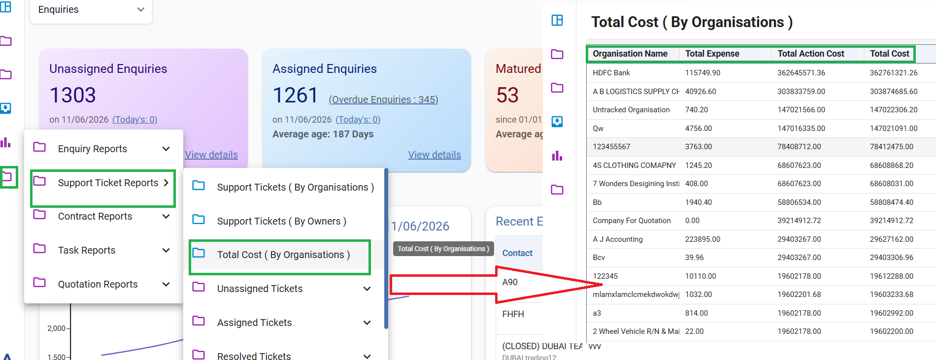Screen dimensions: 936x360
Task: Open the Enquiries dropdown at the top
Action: pyautogui.click(x=91, y=10)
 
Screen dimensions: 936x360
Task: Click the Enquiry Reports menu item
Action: pyautogui.click(x=92, y=149)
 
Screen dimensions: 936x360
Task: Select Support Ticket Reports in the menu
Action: pyautogui.click(x=108, y=183)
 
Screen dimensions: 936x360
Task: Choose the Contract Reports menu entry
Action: pyautogui.click(x=95, y=216)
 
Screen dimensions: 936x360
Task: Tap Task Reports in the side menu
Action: pyautogui.click(x=87, y=250)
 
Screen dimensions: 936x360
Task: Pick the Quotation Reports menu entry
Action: pyautogui.click(x=98, y=284)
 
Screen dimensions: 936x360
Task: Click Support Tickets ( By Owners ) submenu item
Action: pyautogui.click(x=282, y=221)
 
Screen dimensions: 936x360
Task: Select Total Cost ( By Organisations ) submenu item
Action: pyautogui.click(x=283, y=255)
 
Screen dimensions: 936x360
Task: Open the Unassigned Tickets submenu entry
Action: pyautogui.click(x=260, y=289)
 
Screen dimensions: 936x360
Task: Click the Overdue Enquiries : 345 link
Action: pyautogui.click(x=383, y=99)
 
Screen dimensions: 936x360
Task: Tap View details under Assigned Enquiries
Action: pyautogui.click(x=435, y=155)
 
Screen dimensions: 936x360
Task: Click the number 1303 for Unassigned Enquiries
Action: pyautogui.click(x=73, y=95)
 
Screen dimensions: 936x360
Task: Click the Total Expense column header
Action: pyautogui.click(x=712, y=54)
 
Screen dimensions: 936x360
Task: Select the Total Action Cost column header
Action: pyautogui.click(x=811, y=54)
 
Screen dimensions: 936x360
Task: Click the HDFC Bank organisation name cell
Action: pyautogui.click(x=611, y=73)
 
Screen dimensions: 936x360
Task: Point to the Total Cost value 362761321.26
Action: pyautogui.click(x=894, y=73)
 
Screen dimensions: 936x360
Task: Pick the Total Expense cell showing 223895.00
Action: pyautogui.click(x=702, y=239)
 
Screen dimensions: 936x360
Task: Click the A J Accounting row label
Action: pyautogui.click(x=618, y=239)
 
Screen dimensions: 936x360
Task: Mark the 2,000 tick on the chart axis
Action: pyautogui.click(x=56, y=328)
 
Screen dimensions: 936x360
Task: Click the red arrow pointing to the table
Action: pyautogui.click(x=495, y=285)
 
